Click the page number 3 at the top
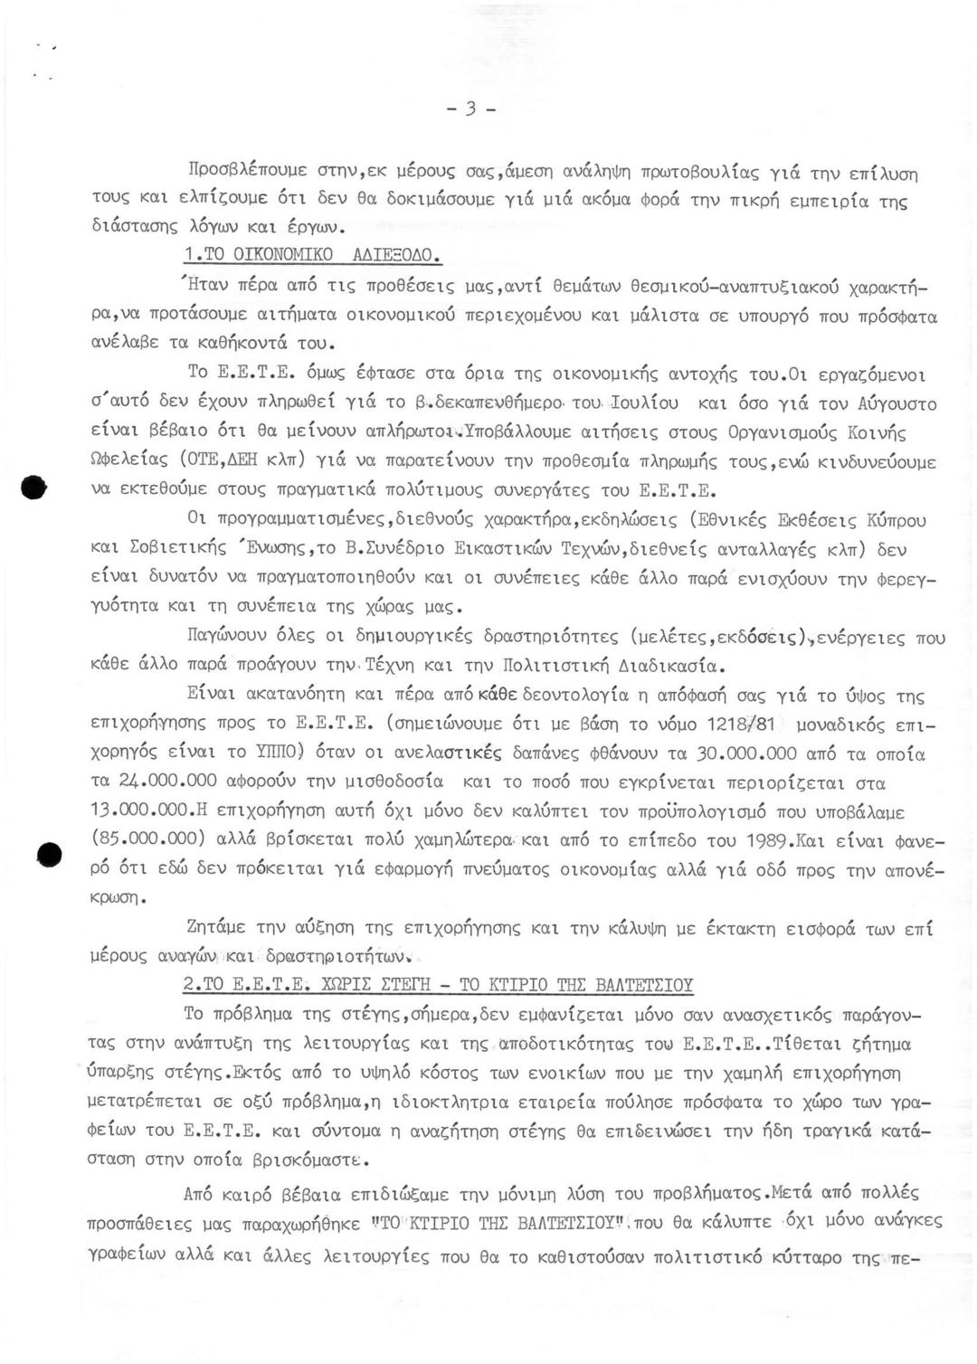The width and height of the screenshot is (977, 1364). pos(470,109)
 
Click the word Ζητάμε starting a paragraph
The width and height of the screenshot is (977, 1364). pos(219,928)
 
